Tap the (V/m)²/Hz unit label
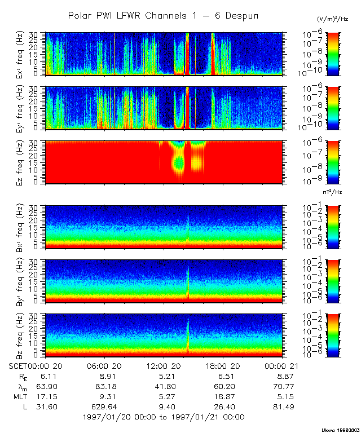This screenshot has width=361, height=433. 332,19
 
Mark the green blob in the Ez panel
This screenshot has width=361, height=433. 179,162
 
